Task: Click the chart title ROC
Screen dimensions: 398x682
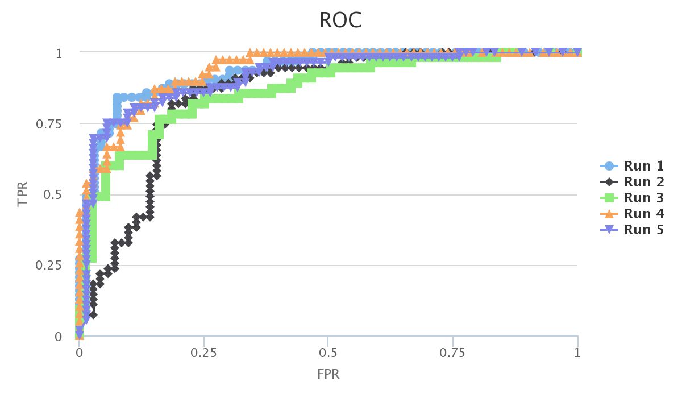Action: (340, 20)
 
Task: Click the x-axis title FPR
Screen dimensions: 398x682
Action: (328, 375)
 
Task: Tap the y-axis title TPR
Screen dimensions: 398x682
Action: (23, 194)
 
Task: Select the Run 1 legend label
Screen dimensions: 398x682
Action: (644, 166)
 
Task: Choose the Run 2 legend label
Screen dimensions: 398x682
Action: (644, 182)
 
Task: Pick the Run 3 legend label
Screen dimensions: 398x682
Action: (644, 198)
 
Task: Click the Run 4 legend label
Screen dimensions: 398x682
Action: (644, 214)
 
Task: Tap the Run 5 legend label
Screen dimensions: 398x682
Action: (644, 230)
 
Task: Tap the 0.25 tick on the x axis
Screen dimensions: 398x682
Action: (203, 353)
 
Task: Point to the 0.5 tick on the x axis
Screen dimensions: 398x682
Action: (328, 353)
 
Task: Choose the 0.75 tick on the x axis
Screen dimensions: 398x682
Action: (453, 353)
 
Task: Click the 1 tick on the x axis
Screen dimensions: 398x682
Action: (577, 353)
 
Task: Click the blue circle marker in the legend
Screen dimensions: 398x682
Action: (609, 166)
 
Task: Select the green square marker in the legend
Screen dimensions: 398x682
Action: (609, 198)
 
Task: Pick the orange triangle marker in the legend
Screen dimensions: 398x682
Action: (609, 214)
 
